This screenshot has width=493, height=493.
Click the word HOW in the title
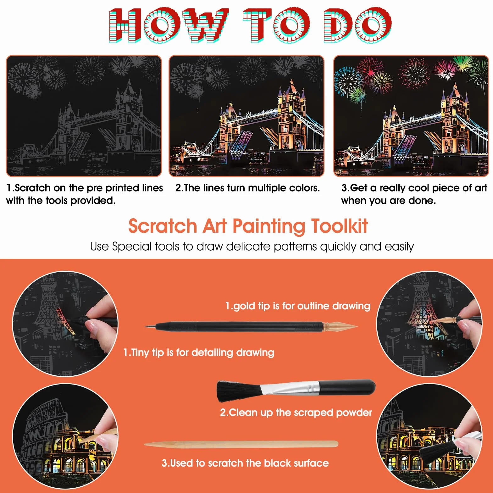169,25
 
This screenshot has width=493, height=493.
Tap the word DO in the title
358,25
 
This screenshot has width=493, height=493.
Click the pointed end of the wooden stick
146,444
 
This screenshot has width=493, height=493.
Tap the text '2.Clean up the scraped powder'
296,412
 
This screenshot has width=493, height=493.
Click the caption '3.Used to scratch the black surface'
245,463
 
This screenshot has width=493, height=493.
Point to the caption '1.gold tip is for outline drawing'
298,306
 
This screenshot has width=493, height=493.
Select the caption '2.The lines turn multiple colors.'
247,188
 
